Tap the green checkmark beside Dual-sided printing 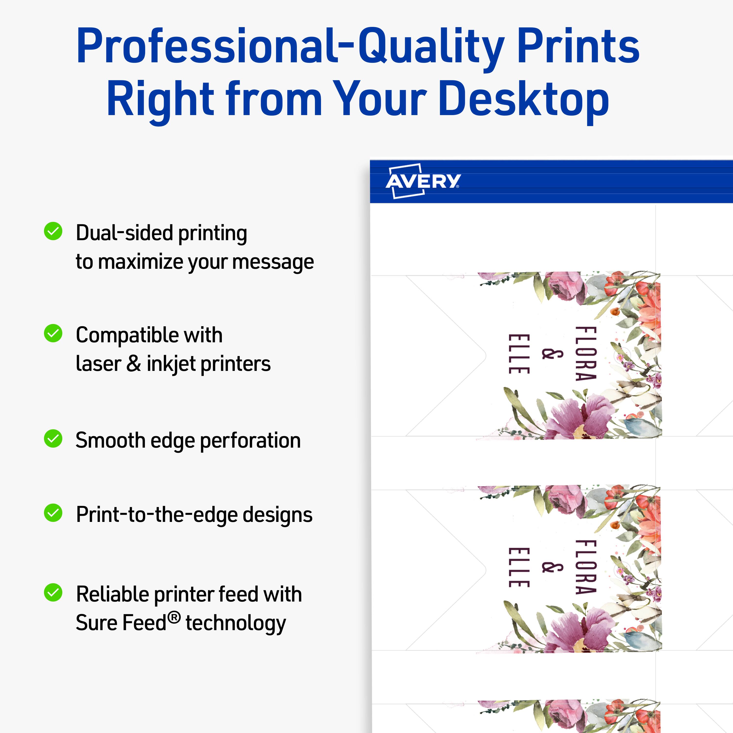coord(53,231)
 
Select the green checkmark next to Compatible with coord(53,333)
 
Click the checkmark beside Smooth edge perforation coord(53,439)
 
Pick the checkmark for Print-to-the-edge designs coord(53,513)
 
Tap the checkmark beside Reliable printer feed coord(53,592)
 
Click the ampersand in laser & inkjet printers coord(134,364)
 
